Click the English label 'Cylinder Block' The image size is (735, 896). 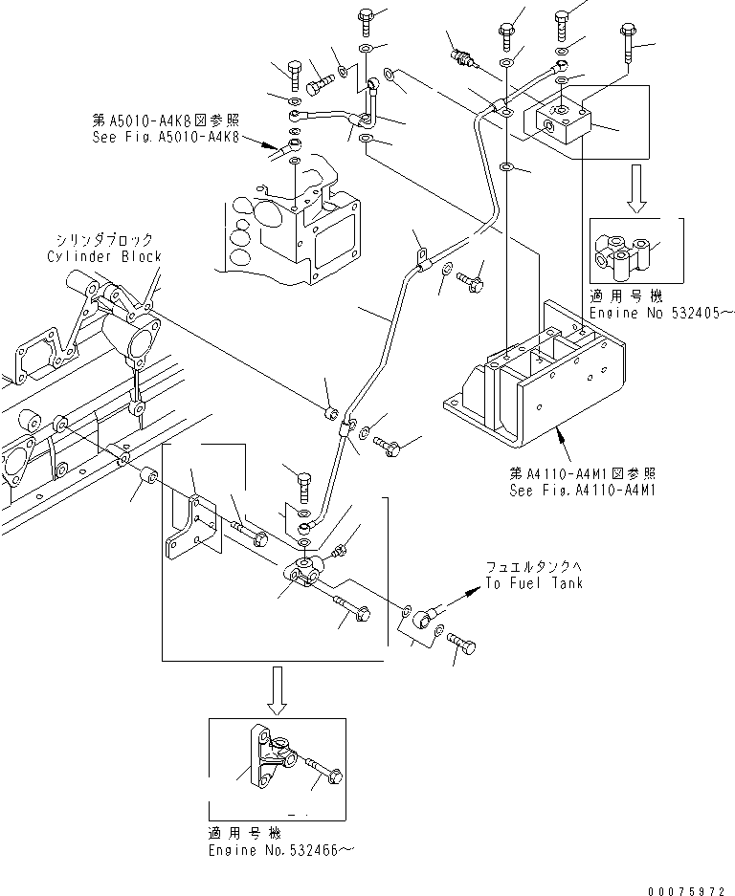point(103,256)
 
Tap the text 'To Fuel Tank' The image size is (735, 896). point(533,583)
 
